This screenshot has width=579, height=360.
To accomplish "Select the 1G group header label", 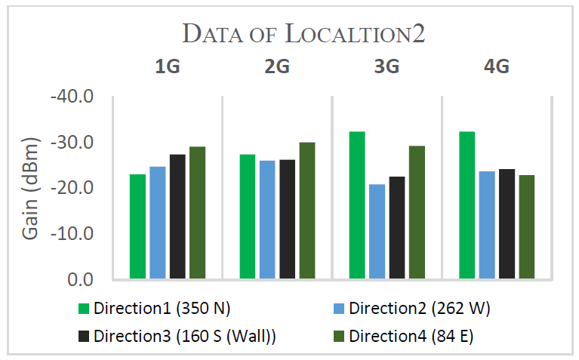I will coord(167,67).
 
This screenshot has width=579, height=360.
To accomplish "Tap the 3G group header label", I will coord(386,67).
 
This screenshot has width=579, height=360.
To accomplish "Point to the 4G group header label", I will coord(496,67).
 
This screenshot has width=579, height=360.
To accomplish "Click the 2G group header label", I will coord(276,67).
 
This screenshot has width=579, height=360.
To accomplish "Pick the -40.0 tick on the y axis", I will coord(72,97).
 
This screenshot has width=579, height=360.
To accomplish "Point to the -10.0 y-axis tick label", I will coord(72,234).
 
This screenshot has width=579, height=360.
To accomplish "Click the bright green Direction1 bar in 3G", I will coord(357,205).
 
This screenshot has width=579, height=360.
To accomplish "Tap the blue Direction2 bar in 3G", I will coord(377,232).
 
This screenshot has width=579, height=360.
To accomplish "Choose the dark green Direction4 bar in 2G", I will coord(306,211).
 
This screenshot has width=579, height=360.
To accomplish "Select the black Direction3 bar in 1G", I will coord(177,217).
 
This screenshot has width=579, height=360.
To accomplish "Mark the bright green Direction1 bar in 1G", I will coord(137,226).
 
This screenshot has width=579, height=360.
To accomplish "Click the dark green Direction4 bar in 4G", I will coord(526,227).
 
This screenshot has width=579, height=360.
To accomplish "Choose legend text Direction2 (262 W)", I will coord(410,308).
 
